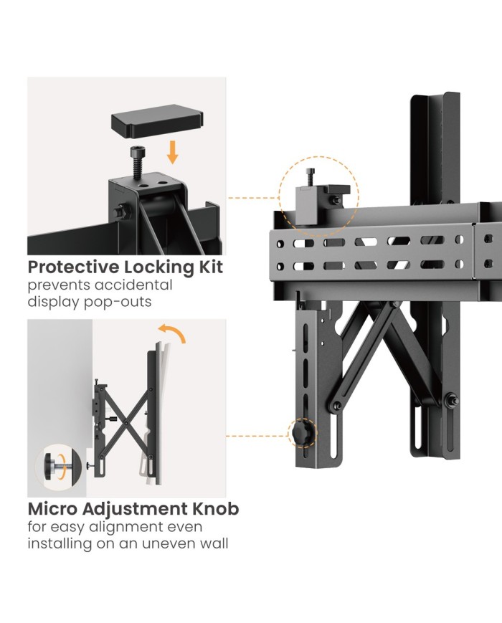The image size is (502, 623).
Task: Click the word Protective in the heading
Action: [74, 267]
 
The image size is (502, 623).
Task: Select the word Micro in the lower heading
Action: [53, 508]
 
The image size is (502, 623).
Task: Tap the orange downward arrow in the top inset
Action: [172, 153]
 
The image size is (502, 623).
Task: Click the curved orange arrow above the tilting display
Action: [171, 333]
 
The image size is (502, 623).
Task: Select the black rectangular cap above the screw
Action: [157, 120]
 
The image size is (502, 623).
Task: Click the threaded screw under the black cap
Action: [138, 162]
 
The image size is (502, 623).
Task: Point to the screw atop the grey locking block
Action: [311, 177]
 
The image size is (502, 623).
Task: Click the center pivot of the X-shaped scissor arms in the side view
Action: [127, 424]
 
